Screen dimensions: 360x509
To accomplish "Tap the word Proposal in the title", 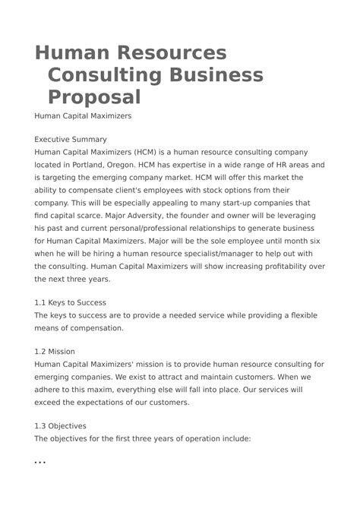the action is (x=94, y=97).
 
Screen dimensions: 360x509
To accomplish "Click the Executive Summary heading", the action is (x=71, y=139).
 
